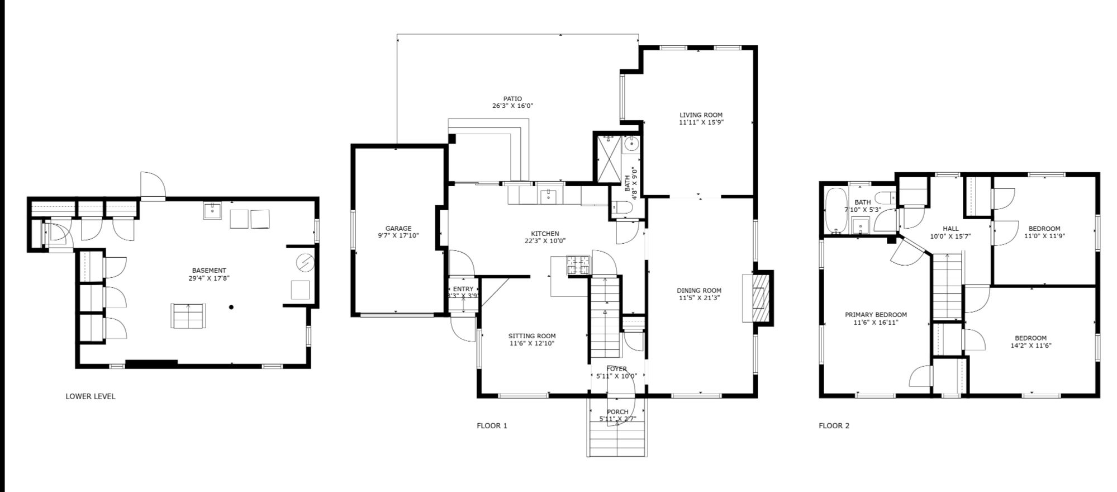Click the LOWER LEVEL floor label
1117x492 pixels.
pos(91,396)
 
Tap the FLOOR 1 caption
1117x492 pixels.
pos(492,425)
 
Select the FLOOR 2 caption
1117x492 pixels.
pos(834,425)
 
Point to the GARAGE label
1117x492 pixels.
pos(398,228)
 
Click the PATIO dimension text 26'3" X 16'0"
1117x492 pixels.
pos(512,106)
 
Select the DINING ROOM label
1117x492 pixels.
pos(699,291)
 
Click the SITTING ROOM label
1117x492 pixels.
pos(532,336)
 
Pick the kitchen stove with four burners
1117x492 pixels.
pos(578,264)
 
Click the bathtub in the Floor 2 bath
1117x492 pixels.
pos(836,211)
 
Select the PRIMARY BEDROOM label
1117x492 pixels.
pos(876,315)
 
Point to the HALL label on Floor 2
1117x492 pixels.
pos(950,229)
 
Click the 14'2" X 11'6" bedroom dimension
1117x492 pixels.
pos(1030,346)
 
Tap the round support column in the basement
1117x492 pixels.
pos(231,307)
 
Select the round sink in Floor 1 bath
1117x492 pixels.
pos(631,144)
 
